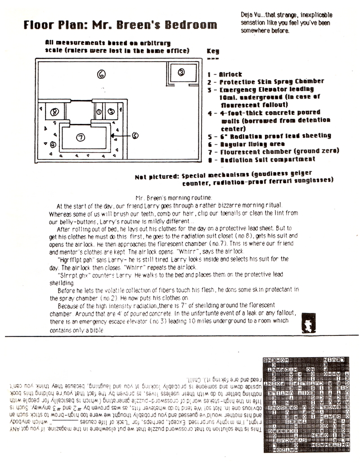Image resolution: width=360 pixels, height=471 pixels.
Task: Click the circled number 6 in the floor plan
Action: click(102, 74)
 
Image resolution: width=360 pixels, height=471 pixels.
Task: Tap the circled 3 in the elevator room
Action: click(181, 72)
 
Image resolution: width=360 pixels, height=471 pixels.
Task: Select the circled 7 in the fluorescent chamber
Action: click(81, 137)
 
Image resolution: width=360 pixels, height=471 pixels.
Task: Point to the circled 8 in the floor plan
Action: click(55, 112)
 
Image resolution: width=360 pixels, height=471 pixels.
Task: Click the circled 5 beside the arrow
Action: click(135, 135)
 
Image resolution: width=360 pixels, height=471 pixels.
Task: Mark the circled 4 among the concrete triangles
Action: click(53, 144)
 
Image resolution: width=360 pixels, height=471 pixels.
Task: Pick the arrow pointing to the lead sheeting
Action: click(121, 135)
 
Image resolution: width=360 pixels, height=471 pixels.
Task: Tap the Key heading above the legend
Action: click(212, 52)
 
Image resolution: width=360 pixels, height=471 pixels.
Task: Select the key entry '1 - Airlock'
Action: click(225, 74)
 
